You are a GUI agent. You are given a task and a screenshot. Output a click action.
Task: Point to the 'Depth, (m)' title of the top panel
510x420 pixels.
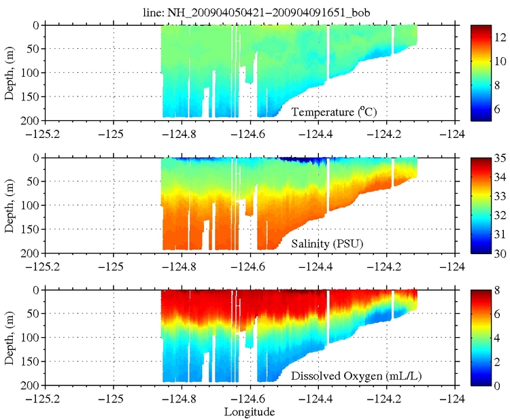10,71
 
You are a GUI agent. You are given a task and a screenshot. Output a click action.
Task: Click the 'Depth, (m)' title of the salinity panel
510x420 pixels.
10,205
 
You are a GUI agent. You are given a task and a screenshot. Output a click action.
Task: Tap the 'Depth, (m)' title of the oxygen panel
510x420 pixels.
10,337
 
